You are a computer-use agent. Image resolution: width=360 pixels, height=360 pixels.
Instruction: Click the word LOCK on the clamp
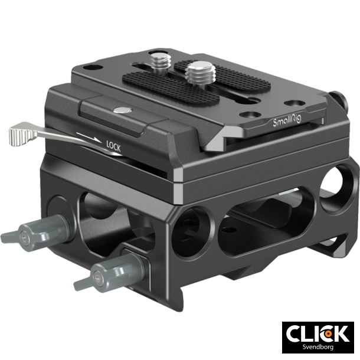point(113,144)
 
